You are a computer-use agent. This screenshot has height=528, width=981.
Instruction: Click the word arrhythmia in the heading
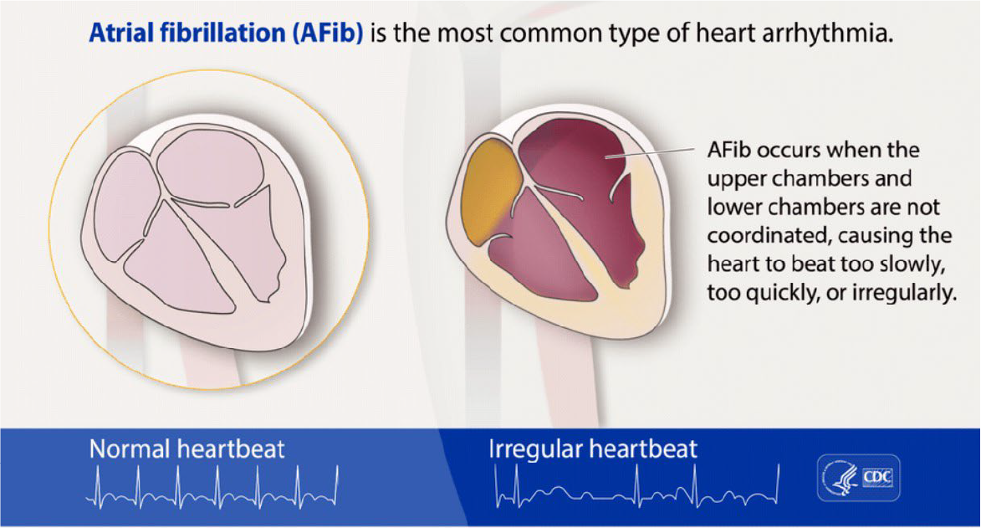(827, 33)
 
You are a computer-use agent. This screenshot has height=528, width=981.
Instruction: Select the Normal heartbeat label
(186, 449)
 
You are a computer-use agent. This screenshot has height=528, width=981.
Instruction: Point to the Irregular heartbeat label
(592, 449)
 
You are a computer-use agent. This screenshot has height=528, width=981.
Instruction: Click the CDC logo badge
(858, 478)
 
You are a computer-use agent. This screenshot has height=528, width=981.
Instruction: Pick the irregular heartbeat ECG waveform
(637, 486)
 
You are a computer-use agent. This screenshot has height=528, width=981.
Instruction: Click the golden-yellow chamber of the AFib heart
(492, 192)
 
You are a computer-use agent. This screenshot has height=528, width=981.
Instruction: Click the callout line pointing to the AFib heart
(650, 153)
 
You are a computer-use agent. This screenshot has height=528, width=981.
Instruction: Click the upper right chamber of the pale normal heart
(210, 166)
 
